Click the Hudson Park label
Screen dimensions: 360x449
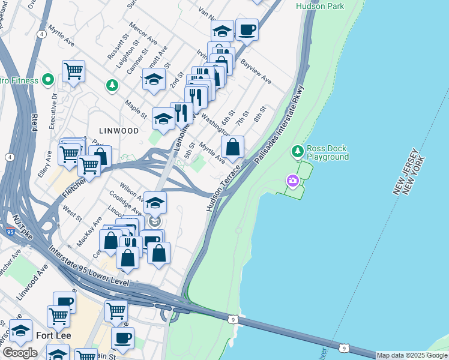pos(321,6)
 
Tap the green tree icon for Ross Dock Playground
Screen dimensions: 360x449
pos(297,150)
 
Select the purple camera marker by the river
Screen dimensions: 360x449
pos(292,181)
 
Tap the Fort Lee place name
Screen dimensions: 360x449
pos(54,335)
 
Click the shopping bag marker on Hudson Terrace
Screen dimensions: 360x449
pos(232,146)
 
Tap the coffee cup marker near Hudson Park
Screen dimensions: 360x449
pos(247,29)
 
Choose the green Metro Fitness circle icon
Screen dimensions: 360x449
pos(48,80)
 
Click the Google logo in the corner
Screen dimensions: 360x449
pos(20,353)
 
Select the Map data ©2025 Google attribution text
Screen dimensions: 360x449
pos(411,355)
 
